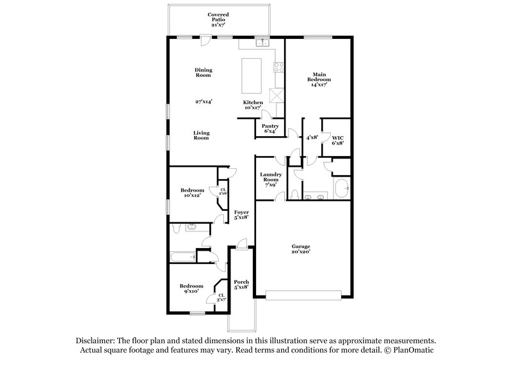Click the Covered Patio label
[x=218, y=17]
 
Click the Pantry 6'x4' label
[x=269, y=128]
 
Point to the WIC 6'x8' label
[x=337, y=140]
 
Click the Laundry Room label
[x=271, y=180]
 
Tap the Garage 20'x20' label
[x=301, y=249]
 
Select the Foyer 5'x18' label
[x=241, y=215]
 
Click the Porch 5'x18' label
[x=241, y=285]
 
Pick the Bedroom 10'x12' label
[x=191, y=192]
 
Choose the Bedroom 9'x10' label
[x=191, y=288]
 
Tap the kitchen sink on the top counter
[x=261, y=43]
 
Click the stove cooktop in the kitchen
[x=279, y=66]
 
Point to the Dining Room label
[x=203, y=72]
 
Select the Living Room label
[x=202, y=136]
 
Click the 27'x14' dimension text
[x=204, y=101]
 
